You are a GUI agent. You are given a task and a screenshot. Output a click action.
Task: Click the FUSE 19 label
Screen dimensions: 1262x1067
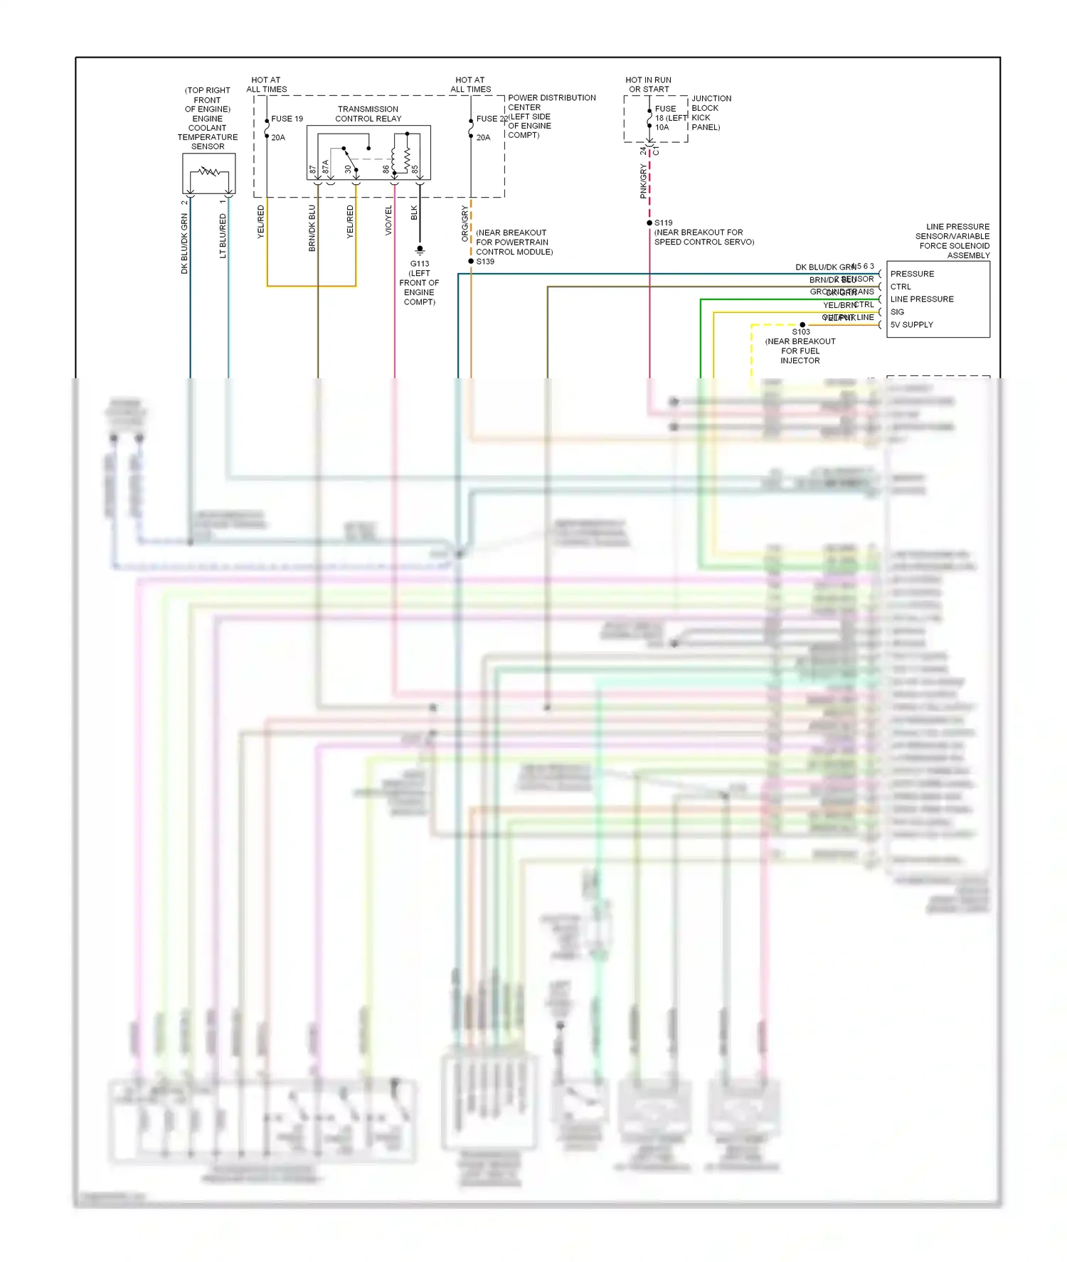[x=287, y=119]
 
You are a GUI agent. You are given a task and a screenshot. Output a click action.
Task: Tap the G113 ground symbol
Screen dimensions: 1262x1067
[x=420, y=250]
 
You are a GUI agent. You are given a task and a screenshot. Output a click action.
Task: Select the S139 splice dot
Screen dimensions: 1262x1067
[x=471, y=262]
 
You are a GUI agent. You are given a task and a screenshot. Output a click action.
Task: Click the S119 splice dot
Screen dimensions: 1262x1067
[x=649, y=223]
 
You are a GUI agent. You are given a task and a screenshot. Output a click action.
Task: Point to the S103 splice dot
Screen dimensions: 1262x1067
[x=802, y=325]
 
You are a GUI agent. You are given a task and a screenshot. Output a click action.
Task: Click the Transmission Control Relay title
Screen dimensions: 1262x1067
[x=368, y=114]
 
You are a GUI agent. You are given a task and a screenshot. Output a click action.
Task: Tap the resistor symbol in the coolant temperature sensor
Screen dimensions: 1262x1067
[x=208, y=171]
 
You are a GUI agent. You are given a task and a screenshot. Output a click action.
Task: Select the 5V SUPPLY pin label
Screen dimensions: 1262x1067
[x=911, y=325]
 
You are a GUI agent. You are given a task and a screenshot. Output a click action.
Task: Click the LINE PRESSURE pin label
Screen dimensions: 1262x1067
[x=922, y=299]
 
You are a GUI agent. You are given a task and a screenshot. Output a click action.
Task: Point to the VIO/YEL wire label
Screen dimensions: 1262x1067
[x=388, y=220]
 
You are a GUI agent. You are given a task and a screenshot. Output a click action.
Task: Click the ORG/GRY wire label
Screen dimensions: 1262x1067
[x=465, y=223]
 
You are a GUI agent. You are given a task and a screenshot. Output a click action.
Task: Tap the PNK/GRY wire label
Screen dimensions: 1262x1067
[x=643, y=181]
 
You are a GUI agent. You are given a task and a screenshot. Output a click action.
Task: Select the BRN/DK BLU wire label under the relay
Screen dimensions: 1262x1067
[x=312, y=228]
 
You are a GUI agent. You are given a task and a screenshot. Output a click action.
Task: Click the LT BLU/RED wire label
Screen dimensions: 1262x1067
[x=223, y=235]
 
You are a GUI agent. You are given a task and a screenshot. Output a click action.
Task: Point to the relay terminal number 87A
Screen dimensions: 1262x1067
[x=326, y=167]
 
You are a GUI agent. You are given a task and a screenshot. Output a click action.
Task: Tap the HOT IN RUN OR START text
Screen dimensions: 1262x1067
[x=648, y=85]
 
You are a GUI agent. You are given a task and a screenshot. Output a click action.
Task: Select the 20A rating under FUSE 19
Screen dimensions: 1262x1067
[x=278, y=138]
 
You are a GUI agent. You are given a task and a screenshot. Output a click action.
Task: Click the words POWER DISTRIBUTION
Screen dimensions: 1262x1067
[x=551, y=98]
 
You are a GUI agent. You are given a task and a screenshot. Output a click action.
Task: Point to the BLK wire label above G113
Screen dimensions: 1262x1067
[x=414, y=213]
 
